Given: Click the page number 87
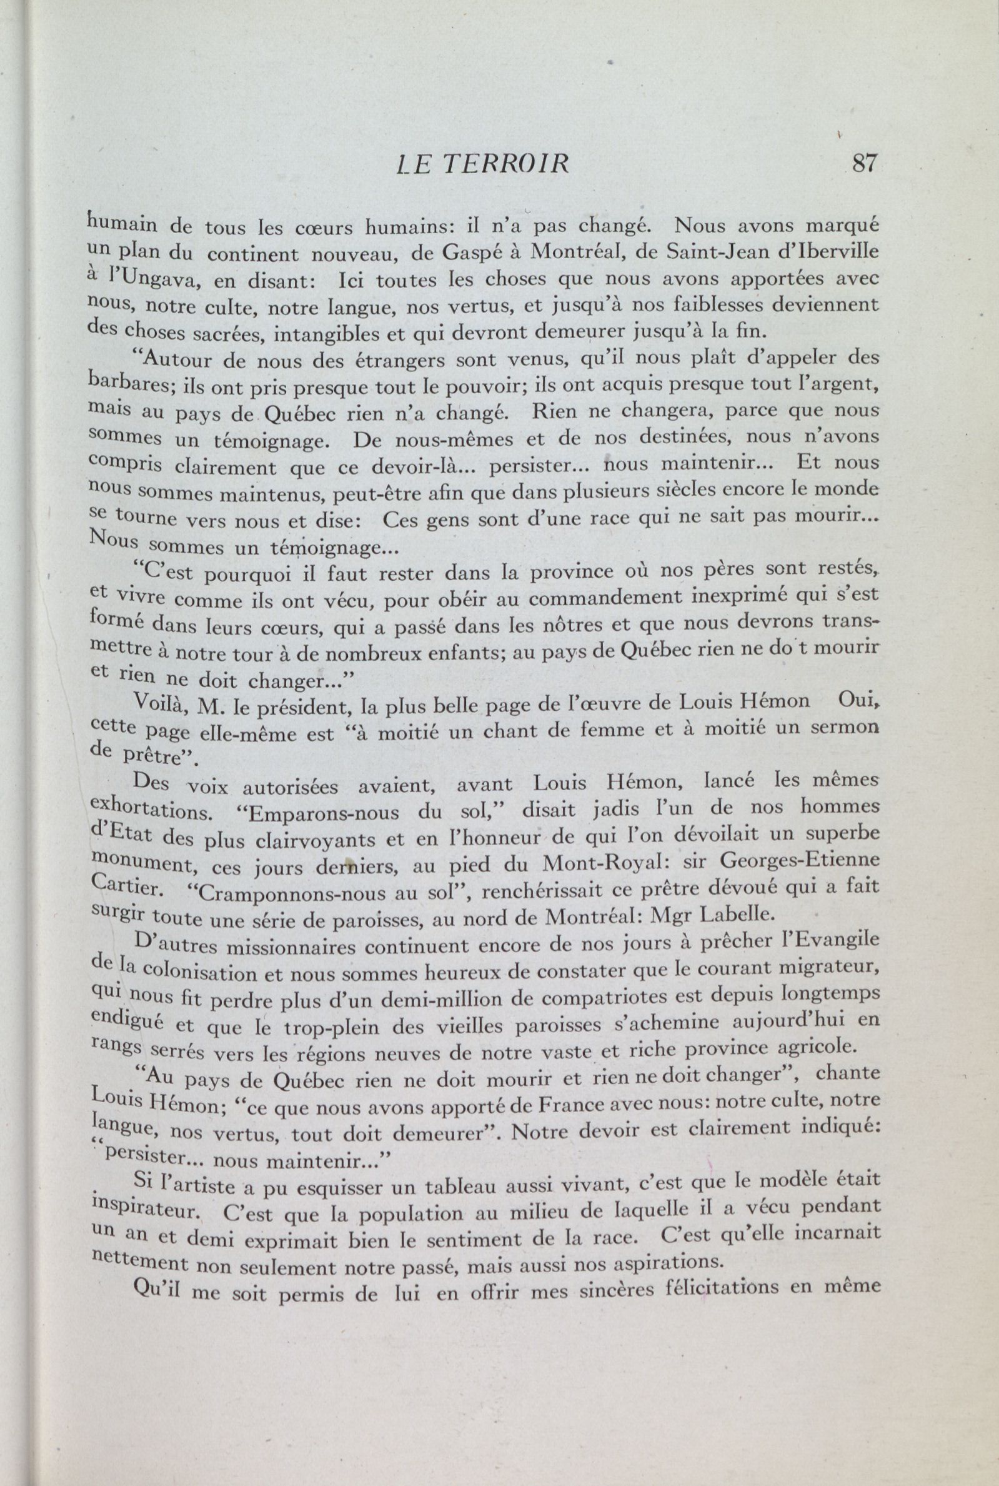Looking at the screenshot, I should coord(864,164).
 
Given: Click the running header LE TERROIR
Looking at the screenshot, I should coord(481,164).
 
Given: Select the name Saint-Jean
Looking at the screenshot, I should coord(725,252).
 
